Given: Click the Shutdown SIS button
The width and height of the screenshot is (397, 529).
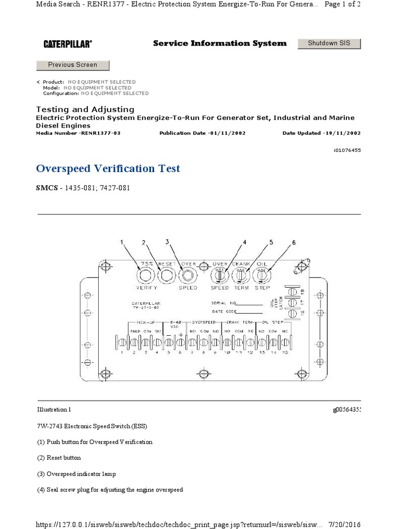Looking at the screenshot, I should pos(329,43).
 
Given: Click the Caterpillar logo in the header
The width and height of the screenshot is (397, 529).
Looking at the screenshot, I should pos(68,44).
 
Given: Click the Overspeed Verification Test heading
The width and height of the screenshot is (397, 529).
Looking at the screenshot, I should pos(108,169).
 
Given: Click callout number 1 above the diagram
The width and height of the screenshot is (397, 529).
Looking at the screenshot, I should pos(123,242).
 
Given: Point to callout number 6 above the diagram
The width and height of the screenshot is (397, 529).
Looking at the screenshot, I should pos(294,242).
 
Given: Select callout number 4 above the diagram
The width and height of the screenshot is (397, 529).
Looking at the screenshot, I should pos(245,242).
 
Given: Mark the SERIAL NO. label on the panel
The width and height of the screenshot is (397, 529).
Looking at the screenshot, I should pos(223,303).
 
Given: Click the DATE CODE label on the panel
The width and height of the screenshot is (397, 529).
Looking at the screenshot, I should pos(223,311).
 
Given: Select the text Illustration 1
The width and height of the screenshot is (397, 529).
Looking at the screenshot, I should pos(54,410).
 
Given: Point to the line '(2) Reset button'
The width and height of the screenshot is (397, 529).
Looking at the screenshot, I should pos(58,458).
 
